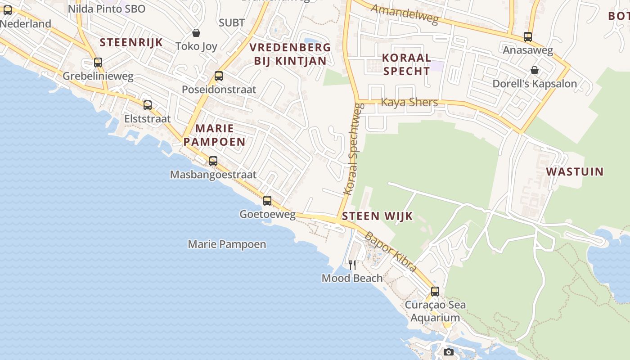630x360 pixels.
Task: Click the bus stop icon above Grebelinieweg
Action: [x=98, y=63]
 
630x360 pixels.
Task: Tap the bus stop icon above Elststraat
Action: [x=148, y=105]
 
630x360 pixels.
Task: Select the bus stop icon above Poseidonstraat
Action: [x=219, y=76]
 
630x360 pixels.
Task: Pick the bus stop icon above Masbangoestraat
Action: [x=213, y=161]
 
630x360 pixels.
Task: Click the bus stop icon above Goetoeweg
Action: [x=267, y=201]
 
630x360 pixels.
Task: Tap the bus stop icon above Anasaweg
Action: [x=528, y=37]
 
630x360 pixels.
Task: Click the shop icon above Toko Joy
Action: [x=196, y=33]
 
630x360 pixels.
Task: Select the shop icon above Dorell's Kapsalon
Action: [x=535, y=70]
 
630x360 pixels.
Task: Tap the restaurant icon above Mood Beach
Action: [x=352, y=265]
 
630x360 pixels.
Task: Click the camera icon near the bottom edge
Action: [x=448, y=352]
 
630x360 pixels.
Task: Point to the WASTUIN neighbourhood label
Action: [x=575, y=171]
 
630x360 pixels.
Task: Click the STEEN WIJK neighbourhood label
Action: [x=377, y=216]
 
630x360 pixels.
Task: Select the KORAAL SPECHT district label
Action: [x=407, y=64]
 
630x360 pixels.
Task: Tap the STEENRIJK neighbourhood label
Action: [x=131, y=43]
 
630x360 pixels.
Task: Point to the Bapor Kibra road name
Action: [x=390, y=252]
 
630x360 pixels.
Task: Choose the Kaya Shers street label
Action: [x=409, y=102]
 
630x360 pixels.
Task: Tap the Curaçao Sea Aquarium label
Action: [x=435, y=311]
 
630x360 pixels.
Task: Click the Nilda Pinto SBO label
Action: [x=107, y=9]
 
